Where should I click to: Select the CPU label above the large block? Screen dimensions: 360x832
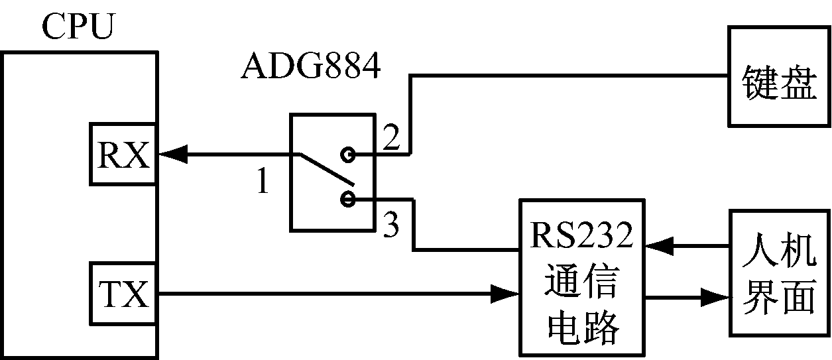pos(78,29)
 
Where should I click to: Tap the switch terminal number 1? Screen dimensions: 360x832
pos(263,182)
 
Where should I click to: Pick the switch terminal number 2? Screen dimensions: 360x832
pos(392,137)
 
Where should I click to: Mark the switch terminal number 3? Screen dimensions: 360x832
pos(392,227)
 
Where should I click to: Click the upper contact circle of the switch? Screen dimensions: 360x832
pos(347,155)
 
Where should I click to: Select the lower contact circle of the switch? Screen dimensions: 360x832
pos(347,198)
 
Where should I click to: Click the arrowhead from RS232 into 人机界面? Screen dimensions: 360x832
pos(717,296)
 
